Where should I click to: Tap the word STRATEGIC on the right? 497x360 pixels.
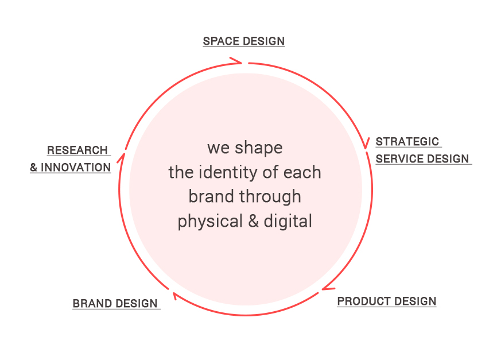(x=407, y=141)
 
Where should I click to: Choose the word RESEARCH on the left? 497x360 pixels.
(x=77, y=150)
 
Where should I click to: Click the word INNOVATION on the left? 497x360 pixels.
(x=76, y=167)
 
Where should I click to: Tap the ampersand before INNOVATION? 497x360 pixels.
(x=34, y=167)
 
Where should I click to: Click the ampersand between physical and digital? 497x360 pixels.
(x=253, y=220)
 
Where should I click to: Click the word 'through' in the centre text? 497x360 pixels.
(x=270, y=198)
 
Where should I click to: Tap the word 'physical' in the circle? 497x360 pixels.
(x=210, y=222)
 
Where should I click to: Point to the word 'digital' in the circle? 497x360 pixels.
(x=288, y=222)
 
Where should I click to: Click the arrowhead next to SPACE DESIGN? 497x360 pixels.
(x=236, y=61)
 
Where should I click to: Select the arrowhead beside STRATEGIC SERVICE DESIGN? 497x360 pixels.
(x=366, y=143)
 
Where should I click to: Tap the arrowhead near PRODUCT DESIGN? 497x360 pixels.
(x=328, y=288)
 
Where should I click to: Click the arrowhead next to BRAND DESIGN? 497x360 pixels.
(x=174, y=296)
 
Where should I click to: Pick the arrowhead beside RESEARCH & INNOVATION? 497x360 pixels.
(x=121, y=158)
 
